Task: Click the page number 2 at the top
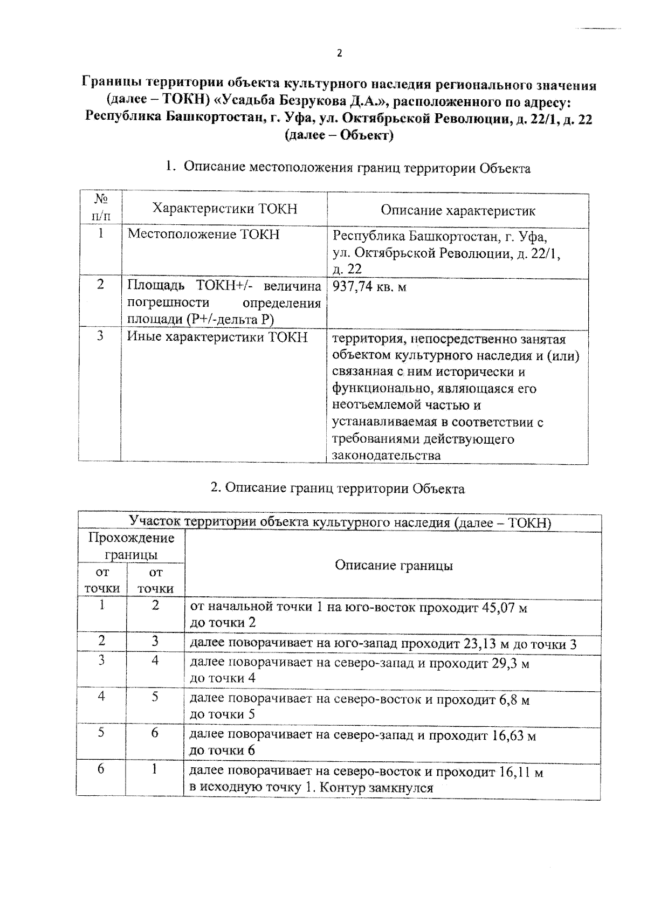point(339,53)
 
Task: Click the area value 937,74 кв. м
point(369,287)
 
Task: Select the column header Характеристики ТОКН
point(225,209)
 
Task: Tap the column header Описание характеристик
point(458,210)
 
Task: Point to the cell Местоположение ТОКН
point(203,235)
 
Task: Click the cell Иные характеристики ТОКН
point(217,338)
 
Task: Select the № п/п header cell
point(100,208)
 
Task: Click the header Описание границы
point(394,565)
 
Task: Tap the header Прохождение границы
point(131,546)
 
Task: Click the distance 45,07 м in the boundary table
point(504,608)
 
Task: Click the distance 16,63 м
point(514,736)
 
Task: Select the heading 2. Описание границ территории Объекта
point(337,489)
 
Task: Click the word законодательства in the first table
point(386,455)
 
